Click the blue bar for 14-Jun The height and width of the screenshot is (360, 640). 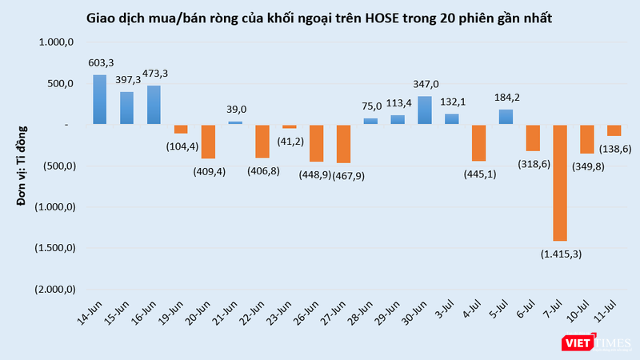[x=99, y=100]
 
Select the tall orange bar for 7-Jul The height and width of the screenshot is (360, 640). [x=560, y=183]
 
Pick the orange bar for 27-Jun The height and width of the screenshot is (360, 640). [x=343, y=144]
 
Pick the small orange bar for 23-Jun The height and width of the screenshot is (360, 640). [x=290, y=127]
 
